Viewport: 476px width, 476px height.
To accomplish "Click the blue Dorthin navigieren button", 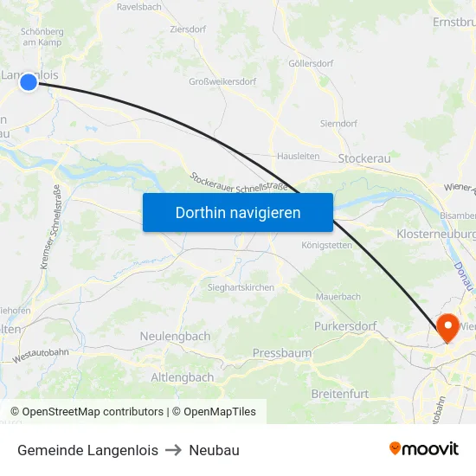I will pyautogui.click(x=238, y=212).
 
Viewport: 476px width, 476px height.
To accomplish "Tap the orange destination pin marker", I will pyautogui.click(x=447, y=327).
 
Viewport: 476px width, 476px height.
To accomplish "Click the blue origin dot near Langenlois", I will pyautogui.click(x=29, y=81).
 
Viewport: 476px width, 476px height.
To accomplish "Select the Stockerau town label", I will pyautogui.click(x=364, y=158).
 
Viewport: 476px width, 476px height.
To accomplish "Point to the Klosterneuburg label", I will pyautogui.click(x=436, y=235).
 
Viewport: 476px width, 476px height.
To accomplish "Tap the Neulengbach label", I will pyautogui.click(x=175, y=336).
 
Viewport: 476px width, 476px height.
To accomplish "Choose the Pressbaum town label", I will pyautogui.click(x=281, y=353).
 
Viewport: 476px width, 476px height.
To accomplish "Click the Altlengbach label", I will pyautogui.click(x=183, y=377).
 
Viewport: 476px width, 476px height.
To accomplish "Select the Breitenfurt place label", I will pyautogui.click(x=339, y=394).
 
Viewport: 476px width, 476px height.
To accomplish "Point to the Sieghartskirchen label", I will pyautogui.click(x=241, y=287).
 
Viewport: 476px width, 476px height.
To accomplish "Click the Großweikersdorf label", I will pyautogui.click(x=222, y=82).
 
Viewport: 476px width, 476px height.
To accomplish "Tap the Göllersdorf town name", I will pyautogui.click(x=311, y=64).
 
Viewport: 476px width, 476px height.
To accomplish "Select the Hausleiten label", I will pyautogui.click(x=299, y=157).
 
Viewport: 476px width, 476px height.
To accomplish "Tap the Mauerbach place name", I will pyautogui.click(x=338, y=296).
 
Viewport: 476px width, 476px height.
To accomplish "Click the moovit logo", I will pyautogui.click(x=424, y=448).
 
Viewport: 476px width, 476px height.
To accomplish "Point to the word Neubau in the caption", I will pyautogui.click(x=215, y=450).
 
